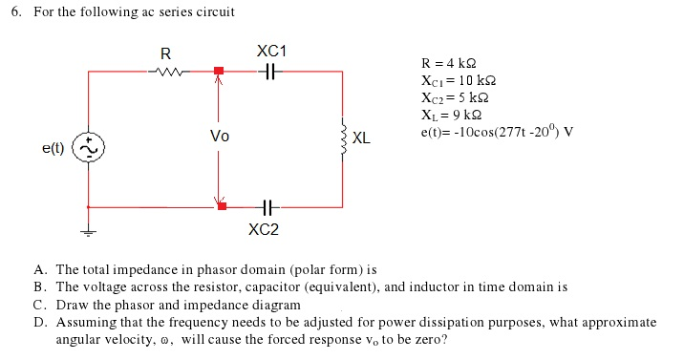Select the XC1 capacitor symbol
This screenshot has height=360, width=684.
(271, 71)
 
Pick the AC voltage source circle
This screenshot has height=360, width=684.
(90, 148)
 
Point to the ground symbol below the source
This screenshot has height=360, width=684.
(90, 230)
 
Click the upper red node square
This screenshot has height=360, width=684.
(219, 71)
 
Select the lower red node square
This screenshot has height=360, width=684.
(222, 205)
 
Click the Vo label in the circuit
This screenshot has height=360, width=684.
(219, 137)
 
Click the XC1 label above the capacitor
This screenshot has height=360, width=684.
(272, 50)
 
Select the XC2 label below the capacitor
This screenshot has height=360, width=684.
(264, 229)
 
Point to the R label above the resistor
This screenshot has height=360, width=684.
(166, 52)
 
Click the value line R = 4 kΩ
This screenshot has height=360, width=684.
(452, 63)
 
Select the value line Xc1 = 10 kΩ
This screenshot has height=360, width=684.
(459, 80)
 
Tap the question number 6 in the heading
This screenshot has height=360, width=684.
(16, 11)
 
